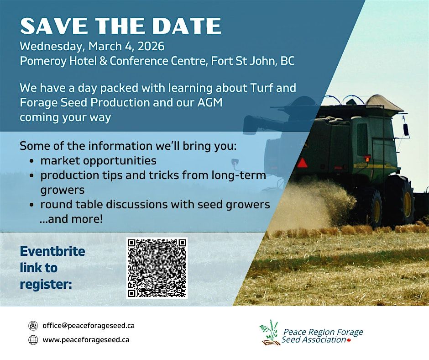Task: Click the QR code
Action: coord(157,268)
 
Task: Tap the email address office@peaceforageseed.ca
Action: coord(89,325)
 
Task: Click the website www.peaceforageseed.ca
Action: coord(86,340)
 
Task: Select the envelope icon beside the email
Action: coord(33,326)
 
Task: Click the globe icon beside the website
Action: coord(33,340)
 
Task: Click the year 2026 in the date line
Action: coord(151,46)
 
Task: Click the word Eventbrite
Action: coord(52,252)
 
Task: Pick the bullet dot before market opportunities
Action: coord(32,161)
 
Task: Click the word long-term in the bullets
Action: coord(239,175)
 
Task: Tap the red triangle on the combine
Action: coord(302,163)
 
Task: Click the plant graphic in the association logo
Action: coord(269,332)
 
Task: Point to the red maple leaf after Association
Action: coord(349,340)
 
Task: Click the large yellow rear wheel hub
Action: coord(408,204)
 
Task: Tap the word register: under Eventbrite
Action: coord(46,285)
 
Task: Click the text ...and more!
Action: coord(71,219)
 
